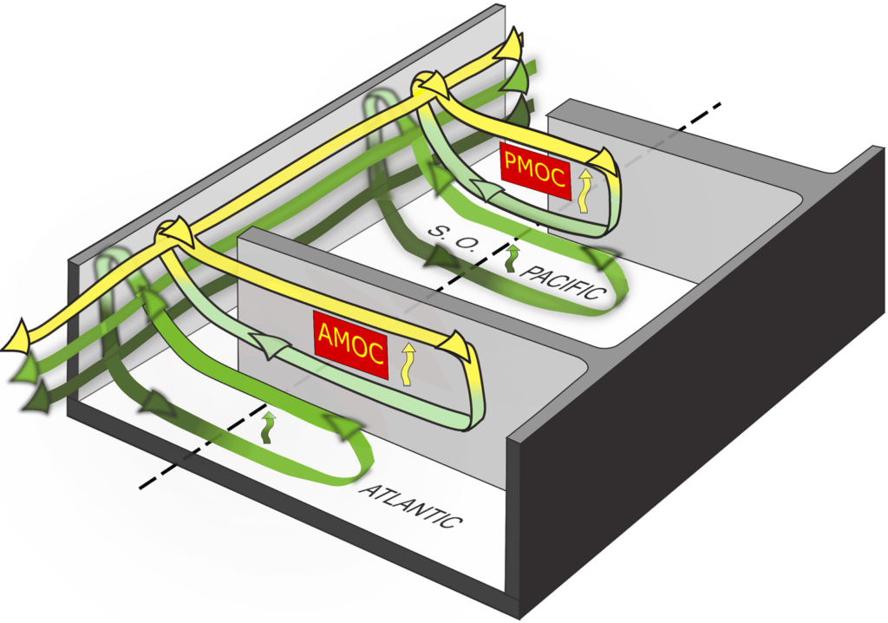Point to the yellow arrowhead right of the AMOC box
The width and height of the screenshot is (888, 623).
click(457, 344)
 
